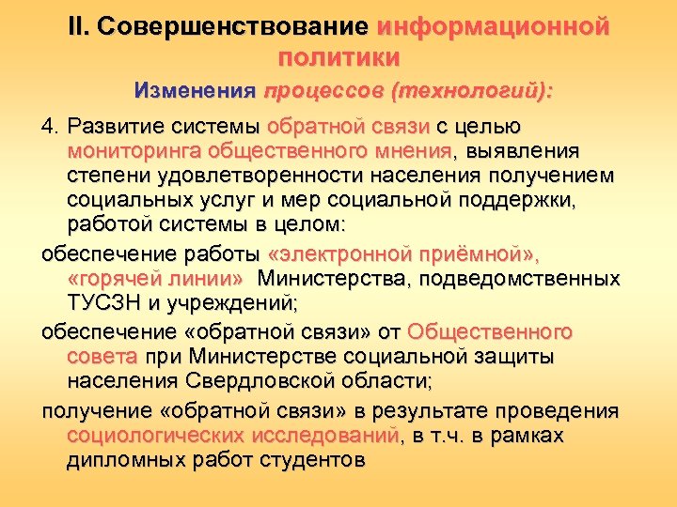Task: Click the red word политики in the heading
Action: pyautogui.click(x=338, y=57)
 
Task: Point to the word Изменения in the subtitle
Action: pyautogui.click(x=195, y=92)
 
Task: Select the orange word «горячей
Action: pyautogui.click(x=110, y=279)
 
